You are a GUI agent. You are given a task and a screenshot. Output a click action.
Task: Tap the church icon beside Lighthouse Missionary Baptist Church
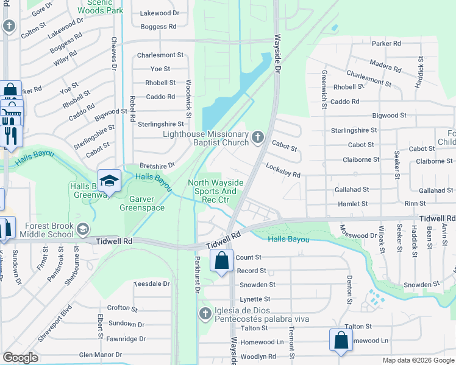(258, 137)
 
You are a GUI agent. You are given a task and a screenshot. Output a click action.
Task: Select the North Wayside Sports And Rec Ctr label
(216, 191)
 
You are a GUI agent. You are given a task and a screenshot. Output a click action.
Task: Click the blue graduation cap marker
(109, 181)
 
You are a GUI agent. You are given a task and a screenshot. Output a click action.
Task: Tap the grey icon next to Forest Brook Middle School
(83, 229)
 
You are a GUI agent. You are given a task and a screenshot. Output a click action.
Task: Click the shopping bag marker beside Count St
(222, 260)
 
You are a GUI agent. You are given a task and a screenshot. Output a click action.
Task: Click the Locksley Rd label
(283, 170)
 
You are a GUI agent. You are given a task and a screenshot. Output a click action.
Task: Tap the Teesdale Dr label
(152, 284)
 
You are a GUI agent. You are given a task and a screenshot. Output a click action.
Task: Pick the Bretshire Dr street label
(157, 165)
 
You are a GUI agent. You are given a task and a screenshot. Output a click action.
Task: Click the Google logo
(20, 358)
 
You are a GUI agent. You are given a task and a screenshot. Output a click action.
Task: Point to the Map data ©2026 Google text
(418, 360)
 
